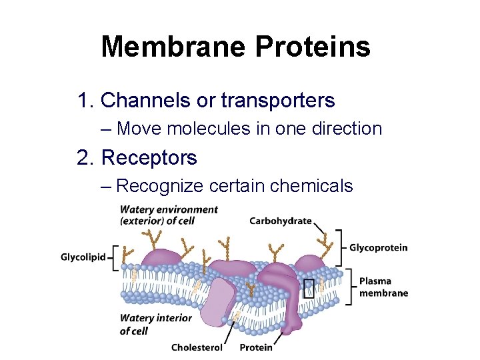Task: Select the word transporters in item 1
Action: (278, 101)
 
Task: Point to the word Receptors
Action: (149, 158)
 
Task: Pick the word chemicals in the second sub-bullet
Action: (310, 186)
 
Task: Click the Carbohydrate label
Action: (281, 221)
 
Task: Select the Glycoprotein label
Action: (379, 248)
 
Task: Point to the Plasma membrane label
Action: (383, 287)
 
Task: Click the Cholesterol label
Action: (197, 347)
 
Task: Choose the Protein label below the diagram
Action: (256, 347)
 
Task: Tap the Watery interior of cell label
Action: (155, 324)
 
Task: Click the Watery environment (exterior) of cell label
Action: (169, 215)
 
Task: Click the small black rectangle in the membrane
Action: (309, 287)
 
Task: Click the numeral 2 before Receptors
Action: (83, 158)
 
